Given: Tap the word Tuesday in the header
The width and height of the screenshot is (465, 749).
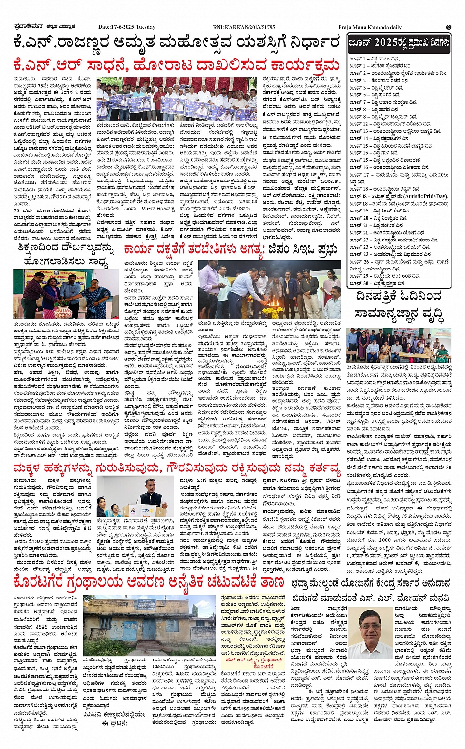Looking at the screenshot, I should pyautogui.click(x=145, y=27).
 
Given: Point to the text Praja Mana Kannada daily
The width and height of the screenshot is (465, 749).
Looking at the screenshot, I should pyautogui.click(x=370, y=27).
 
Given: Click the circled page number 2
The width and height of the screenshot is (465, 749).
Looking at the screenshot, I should pyautogui.click(x=448, y=27).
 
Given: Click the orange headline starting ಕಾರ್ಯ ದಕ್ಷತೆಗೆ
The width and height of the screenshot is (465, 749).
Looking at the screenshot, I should pyautogui.click(x=231, y=250).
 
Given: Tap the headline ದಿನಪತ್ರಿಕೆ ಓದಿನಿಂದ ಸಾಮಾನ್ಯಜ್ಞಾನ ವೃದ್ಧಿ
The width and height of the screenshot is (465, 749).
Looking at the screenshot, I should pyautogui.click(x=398, y=304).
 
